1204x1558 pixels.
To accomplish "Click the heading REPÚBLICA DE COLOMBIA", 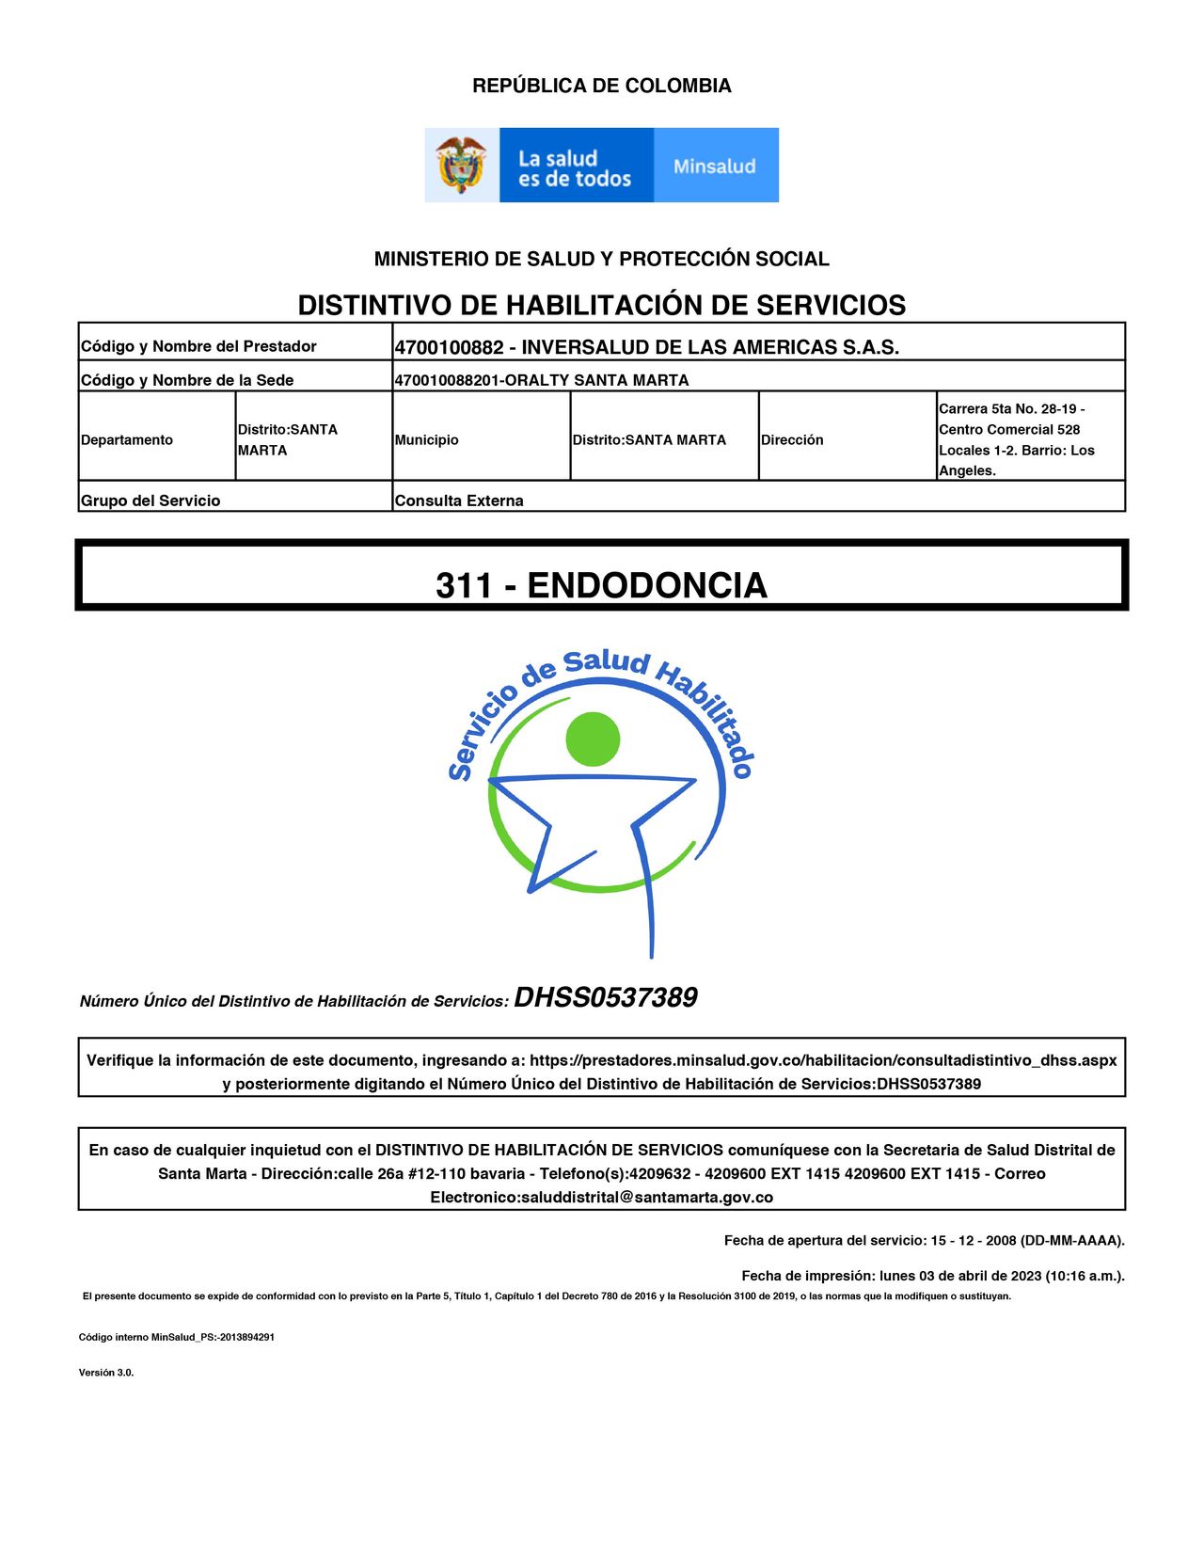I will pos(601,86).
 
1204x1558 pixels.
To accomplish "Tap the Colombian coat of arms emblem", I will pos(461,166).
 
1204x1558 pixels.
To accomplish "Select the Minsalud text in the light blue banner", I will pos(715,167).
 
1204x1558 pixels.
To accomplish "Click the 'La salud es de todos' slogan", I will pos(574,168).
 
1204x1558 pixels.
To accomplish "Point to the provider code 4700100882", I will pos(449,347).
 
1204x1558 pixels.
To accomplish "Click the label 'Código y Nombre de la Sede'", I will pos(187,380).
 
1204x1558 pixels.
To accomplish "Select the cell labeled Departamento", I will pos(127,439).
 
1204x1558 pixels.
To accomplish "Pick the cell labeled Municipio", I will pos(427,439).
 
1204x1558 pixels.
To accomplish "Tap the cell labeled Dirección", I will pos(792,439).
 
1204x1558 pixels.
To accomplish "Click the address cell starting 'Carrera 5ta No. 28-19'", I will pos(1016,439).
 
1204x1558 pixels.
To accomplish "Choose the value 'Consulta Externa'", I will pos(459,501).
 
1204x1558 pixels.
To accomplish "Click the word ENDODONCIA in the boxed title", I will pos(647,585).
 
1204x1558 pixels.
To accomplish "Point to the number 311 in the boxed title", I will pos(464,585).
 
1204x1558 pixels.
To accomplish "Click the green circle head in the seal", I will pos(593,739).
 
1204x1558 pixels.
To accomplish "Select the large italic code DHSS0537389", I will pos(606,997).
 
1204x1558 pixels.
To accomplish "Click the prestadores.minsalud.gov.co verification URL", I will pos(823,1060).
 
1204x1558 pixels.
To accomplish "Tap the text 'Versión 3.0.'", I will pos(106,1373).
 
